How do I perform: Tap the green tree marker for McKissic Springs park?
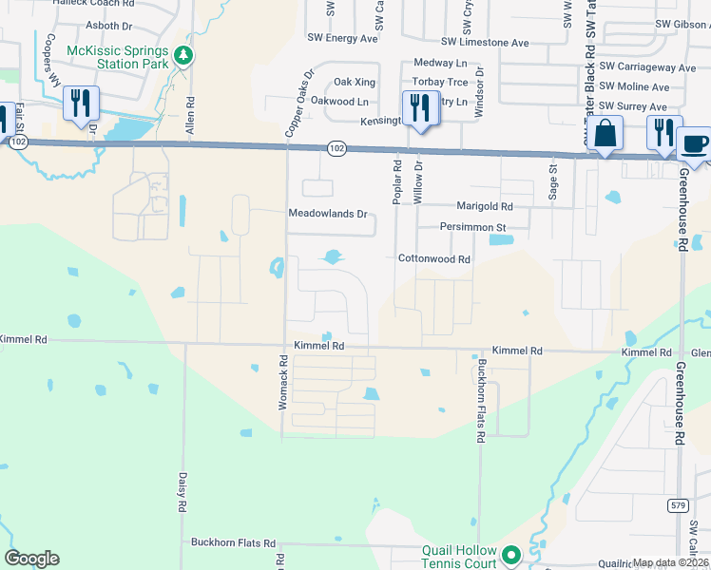click(x=184, y=57)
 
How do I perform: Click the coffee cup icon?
click(x=694, y=143)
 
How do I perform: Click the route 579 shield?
click(x=677, y=504)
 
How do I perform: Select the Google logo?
click(x=32, y=559)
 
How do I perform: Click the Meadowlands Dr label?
click(x=328, y=214)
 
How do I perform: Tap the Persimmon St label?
click(x=472, y=227)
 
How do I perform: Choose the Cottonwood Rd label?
click(x=434, y=258)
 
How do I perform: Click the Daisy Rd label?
click(x=183, y=493)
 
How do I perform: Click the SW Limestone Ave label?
click(x=485, y=42)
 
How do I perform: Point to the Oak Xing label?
click(x=347, y=83)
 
